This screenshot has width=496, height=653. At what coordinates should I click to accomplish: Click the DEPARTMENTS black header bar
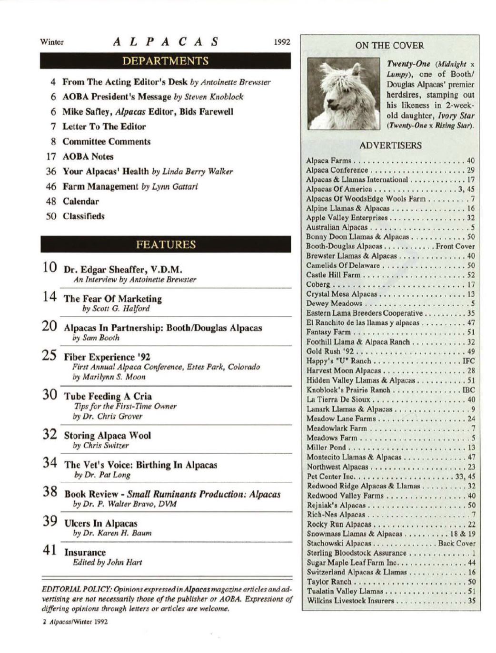pos(165,61)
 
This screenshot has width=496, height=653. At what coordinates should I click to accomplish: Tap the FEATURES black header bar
pos(165,244)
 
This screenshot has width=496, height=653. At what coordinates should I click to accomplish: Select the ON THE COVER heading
pos(389,46)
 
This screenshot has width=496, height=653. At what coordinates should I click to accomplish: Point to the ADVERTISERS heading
pos(390,146)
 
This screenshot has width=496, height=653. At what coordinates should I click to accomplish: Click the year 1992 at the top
pos(282,42)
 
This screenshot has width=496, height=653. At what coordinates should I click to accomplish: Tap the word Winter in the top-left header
pos(52,42)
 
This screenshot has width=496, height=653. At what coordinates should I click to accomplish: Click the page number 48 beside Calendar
pos(51,201)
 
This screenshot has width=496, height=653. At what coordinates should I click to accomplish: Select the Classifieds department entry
pos(83,216)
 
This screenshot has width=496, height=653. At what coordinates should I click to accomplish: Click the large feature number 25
pos(50,355)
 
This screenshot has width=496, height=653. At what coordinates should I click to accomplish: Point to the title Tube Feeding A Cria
pos(108,396)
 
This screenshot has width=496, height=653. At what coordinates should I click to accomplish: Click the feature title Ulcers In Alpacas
pos(100,523)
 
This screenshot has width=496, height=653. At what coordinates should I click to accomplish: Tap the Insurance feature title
pos(85,552)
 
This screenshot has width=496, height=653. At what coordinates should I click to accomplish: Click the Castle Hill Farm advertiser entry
pos(333,275)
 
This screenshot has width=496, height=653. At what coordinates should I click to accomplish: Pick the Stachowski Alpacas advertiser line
pos(338,543)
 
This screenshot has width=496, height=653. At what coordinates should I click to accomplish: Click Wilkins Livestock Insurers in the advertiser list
pos(350,601)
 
